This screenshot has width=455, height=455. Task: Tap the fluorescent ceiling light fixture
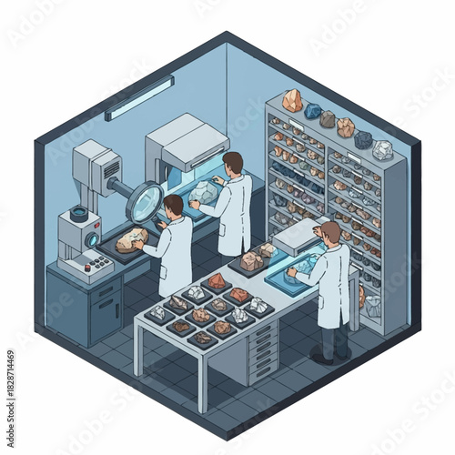pos(138,97)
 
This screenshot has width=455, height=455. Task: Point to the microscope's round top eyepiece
pos(80,215)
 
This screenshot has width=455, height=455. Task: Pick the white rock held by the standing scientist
pos(202,191)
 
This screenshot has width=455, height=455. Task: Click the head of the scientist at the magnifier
pos(172,205)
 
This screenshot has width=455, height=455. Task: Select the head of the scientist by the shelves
pos(332,233)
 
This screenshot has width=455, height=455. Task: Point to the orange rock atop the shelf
pos(292,101)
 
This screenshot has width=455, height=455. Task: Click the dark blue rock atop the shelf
pos(313,111)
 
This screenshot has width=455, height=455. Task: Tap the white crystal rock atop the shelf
pos(383,149)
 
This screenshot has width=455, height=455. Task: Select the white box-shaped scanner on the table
pos(297,235)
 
